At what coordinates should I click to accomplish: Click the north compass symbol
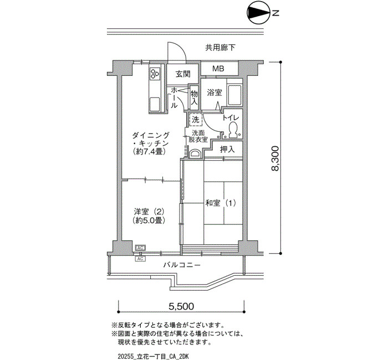coord(259,14)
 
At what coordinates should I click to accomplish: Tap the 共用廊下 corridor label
coord(220,48)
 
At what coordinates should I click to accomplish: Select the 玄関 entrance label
coord(183,74)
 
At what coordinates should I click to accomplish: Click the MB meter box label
coord(218,69)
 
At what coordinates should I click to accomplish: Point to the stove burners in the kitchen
coord(155,74)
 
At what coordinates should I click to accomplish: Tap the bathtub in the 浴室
coord(234,95)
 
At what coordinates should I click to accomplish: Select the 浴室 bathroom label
coord(215,93)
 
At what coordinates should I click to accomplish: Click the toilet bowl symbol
coord(233,130)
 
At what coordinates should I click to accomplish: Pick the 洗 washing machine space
coord(196,120)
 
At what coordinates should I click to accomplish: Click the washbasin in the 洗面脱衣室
coord(196,153)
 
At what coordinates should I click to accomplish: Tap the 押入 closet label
coord(227,149)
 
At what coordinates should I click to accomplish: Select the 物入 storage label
coord(194,97)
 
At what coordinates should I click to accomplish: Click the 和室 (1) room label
coord(221,203)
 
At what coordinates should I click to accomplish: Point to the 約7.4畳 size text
coord(149,152)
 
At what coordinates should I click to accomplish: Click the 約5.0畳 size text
coord(149,220)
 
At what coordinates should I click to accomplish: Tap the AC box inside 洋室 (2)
coord(140,248)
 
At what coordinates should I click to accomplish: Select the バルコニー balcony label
coord(182,265)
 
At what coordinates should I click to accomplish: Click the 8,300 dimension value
coord(275,158)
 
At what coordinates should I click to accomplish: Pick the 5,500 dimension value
coord(181,306)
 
